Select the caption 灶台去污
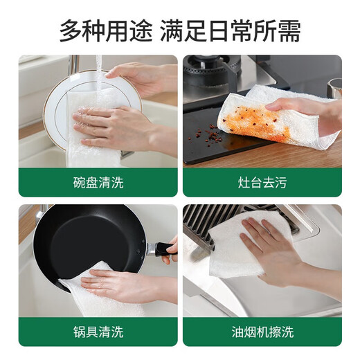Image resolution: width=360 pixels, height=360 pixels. [262, 183]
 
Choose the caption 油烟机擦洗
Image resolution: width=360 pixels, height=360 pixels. [262, 332]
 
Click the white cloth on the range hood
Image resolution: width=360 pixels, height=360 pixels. [235, 242]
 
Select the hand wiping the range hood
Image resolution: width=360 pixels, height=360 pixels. [277, 253]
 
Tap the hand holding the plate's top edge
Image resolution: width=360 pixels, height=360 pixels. [138, 75]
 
